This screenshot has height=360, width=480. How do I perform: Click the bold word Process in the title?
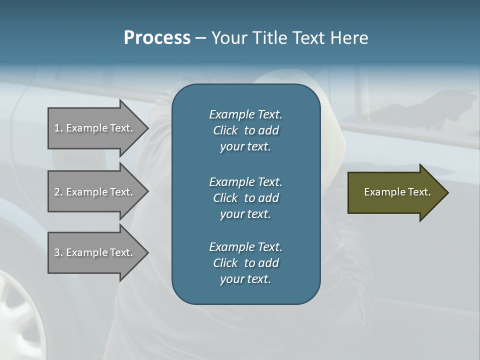(x=157, y=38)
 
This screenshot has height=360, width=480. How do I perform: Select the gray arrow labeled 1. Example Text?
(x=95, y=128)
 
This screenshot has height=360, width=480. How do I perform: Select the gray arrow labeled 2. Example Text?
(x=95, y=192)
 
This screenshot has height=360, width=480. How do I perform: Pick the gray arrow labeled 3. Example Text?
(x=95, y=252)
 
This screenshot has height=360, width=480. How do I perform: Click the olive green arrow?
(x=395, y=192)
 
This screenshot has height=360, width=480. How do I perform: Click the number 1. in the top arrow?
(x=58, y=128)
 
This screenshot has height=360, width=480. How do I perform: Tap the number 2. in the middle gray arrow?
(x=58, y=192)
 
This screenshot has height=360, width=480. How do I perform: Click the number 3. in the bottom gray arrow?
(x=58, y=252)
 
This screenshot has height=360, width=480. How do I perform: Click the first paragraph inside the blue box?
(x=245, y=130)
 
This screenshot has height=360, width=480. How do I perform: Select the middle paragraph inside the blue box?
(x=245, y=197)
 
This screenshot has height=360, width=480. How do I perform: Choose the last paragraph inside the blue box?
(x=245, y=263)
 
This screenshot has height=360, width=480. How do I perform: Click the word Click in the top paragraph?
(x=225, y=130)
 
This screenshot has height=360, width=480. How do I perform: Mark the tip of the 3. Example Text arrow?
(x=147, y=252)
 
